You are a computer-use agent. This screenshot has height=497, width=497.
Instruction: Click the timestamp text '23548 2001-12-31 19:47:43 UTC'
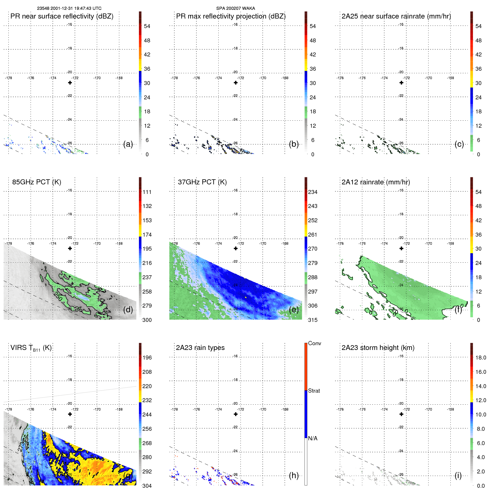pos(69,8)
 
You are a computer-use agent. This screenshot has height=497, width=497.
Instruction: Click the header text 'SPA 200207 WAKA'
pos(235,8)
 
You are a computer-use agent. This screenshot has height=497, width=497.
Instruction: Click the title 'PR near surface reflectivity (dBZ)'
pos(62,16)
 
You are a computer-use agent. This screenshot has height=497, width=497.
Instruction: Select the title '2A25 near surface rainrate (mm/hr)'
pos(396,16)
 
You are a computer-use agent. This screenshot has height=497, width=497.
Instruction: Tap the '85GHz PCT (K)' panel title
pos(36,182)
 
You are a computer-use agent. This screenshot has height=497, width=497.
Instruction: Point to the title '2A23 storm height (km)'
pos(378,348)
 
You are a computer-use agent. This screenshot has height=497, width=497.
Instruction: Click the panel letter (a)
pos(128,144)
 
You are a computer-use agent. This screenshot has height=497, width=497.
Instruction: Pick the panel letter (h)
pos(294,475)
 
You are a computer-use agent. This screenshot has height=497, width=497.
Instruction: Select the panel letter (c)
pos(459,144)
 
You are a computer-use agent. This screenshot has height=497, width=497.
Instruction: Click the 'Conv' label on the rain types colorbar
pos(314,343)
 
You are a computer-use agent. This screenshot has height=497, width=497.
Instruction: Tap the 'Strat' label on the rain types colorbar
pos(314,391)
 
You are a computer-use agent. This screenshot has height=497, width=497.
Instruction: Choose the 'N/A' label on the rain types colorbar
pos(313,438)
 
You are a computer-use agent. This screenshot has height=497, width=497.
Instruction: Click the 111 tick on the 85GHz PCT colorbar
pos(147,192)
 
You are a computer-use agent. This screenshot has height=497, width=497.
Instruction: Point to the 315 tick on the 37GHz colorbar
pos(313,320)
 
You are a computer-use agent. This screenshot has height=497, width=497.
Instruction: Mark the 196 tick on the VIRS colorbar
pos(147,358)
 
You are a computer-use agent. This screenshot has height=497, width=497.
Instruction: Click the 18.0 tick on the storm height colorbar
pos(480,358)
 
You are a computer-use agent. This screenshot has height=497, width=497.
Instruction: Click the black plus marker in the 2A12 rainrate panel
pos(401,248)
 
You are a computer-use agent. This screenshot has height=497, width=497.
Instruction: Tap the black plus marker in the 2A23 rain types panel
pos(236,414)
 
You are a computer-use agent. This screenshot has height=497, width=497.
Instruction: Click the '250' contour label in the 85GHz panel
pos(58,296)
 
